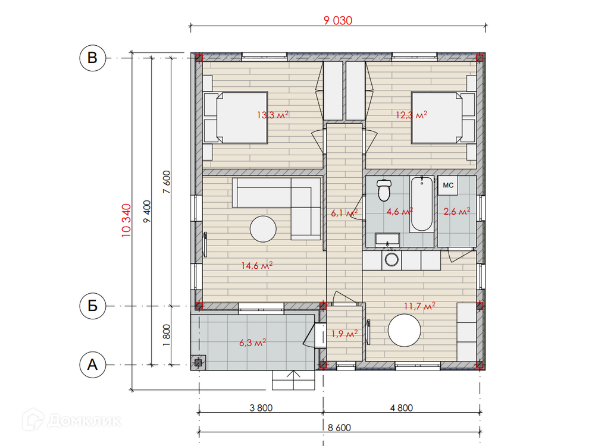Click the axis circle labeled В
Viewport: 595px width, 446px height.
pyautogui.click(x=93, y=58)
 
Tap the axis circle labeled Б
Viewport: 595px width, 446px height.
pyautogui.click(x=93, y=306)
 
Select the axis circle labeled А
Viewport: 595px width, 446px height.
pyautogui.click(x=93, y=365)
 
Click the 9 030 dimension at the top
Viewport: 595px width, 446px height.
pyautogui.click(x=338, y=20)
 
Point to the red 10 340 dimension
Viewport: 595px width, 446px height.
pyautogui.click(x=126, y=221)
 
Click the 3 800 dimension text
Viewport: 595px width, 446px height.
pyautogui.click(x=261, y=408)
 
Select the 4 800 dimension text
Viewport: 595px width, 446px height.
pyautogui.click(x=402, y=408)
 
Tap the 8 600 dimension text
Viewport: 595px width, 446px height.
pyautogui.click(x=339, y=428)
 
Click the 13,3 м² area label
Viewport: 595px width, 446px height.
pyautogui.click(x=273, y=115)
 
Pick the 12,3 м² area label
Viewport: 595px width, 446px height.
pyautogui.click(x=411, y=115)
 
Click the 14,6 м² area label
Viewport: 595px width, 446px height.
pyautogui.click(x=257, y=265)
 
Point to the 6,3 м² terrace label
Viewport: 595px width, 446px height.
pyautogui.click(x=253, y=343)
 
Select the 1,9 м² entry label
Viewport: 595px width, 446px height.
pyautogui.click(x=345, y=334)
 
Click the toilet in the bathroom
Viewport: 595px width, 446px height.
pyautogui.click(x=384, y=190)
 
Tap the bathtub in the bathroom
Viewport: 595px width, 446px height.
pyautogui.click(x=422, y=203)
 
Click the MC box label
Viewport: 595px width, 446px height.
pyautogui.click(x=448, y=186)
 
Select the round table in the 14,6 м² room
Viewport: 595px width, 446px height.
pyautogui.click(x=263, y=229)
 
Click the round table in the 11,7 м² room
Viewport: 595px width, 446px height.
pyautogui.click(x=405, y=330)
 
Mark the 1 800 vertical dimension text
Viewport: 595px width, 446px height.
pyautogui.click(x=166, y=335)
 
